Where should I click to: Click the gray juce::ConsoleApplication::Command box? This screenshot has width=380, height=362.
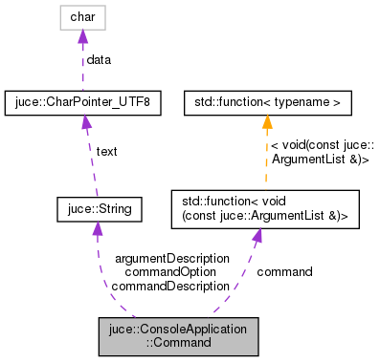click(178, 334)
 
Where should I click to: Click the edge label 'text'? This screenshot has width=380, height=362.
click(106, 151)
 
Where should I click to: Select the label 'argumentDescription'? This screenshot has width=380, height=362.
click(171, 258)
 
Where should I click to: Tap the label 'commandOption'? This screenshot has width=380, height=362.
click(171, 271)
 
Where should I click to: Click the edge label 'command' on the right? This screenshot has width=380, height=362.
click(284, 271)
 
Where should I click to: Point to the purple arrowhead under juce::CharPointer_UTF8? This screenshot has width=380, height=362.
click(83, 119)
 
